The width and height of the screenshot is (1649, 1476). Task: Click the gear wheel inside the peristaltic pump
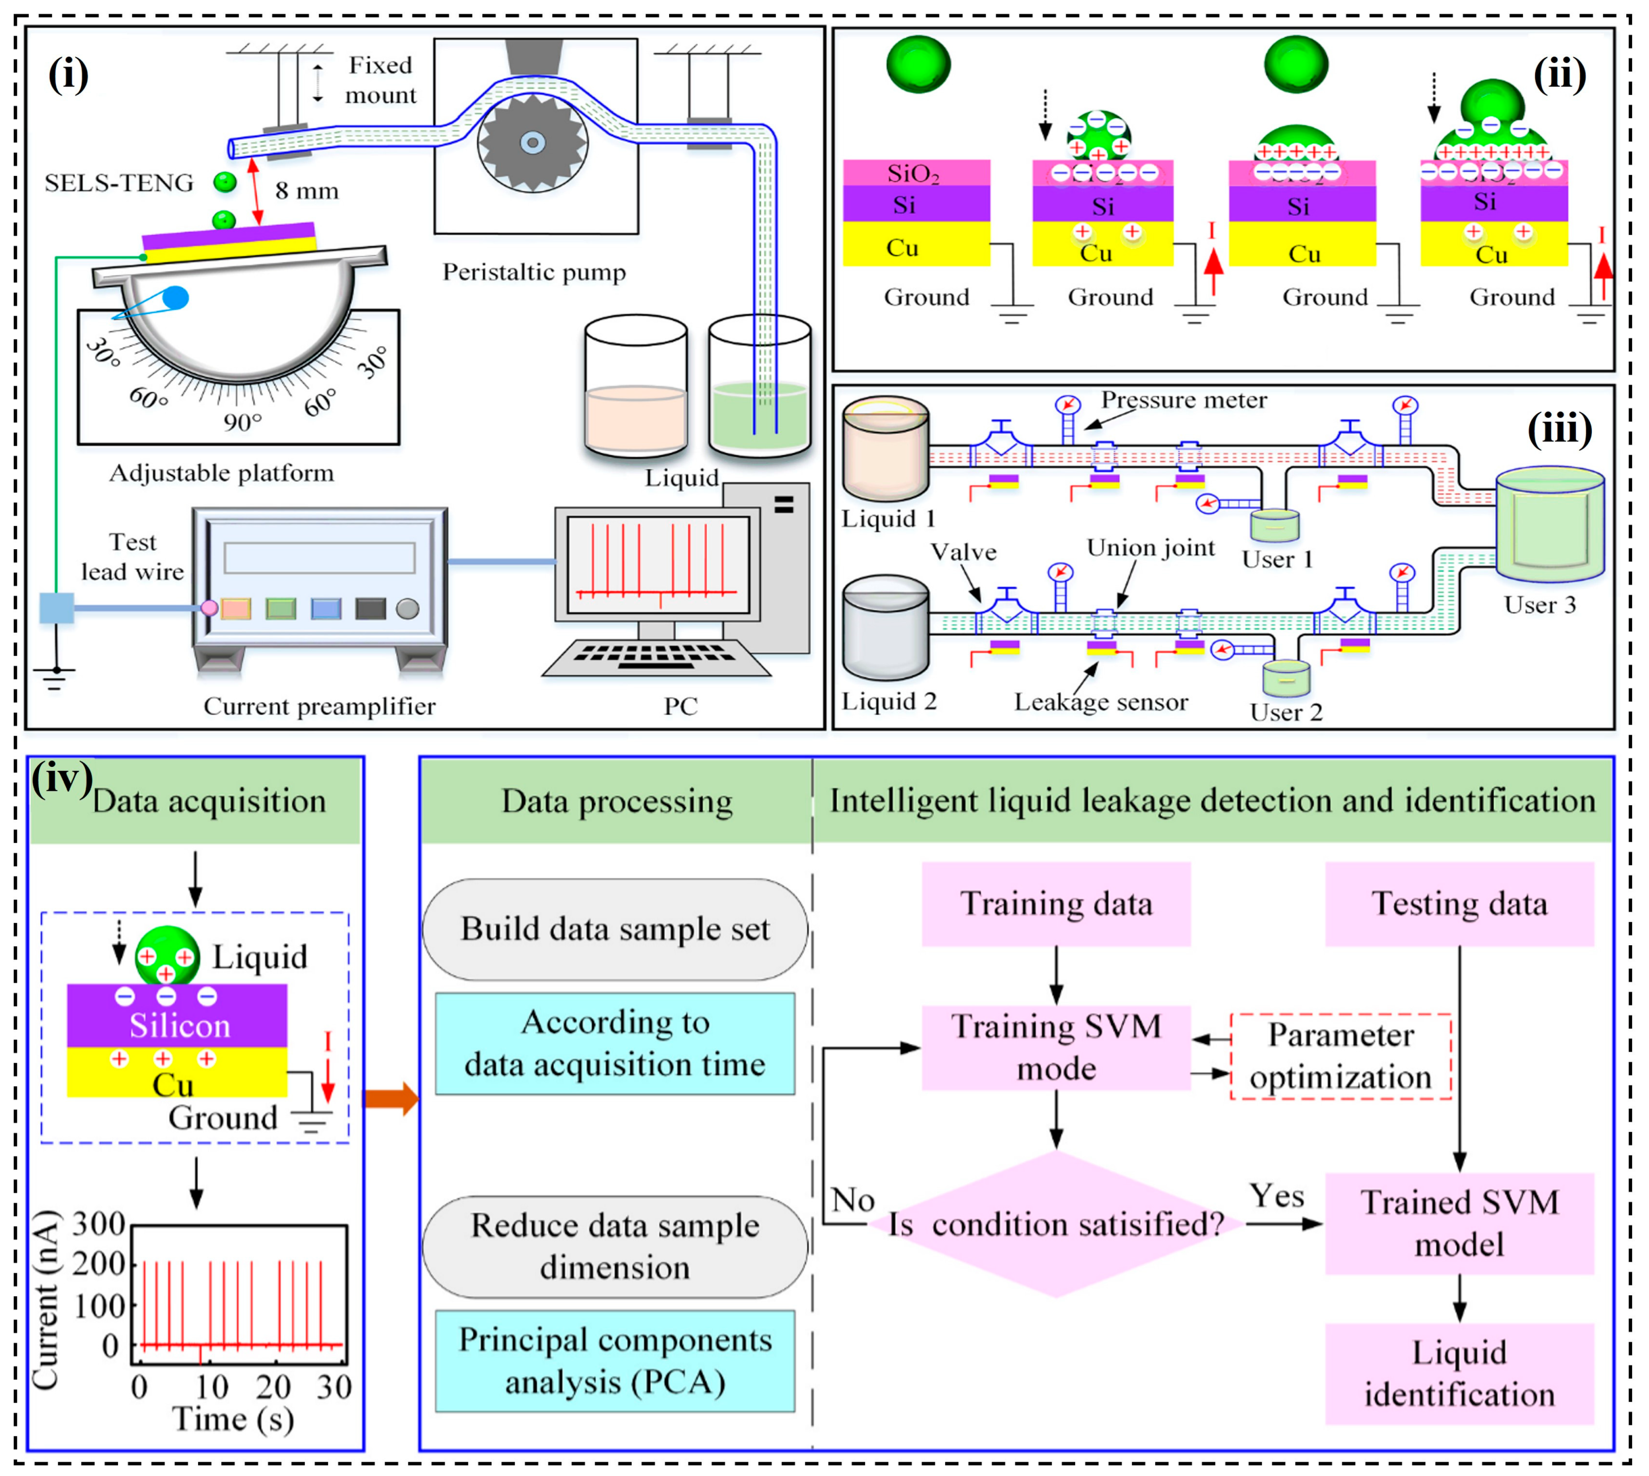(532, 143)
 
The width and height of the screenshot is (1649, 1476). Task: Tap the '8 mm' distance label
(307, 191)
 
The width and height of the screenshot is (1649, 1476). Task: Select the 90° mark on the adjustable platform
(242, 422)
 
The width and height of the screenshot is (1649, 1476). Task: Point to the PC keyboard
(656, 657)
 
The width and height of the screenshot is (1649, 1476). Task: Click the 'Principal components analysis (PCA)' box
(615, 1361)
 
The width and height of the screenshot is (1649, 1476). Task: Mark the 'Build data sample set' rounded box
(615, 928)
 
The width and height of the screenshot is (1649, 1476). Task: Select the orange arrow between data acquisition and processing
(391, 1099)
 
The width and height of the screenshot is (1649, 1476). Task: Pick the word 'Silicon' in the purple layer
(180, 1026)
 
